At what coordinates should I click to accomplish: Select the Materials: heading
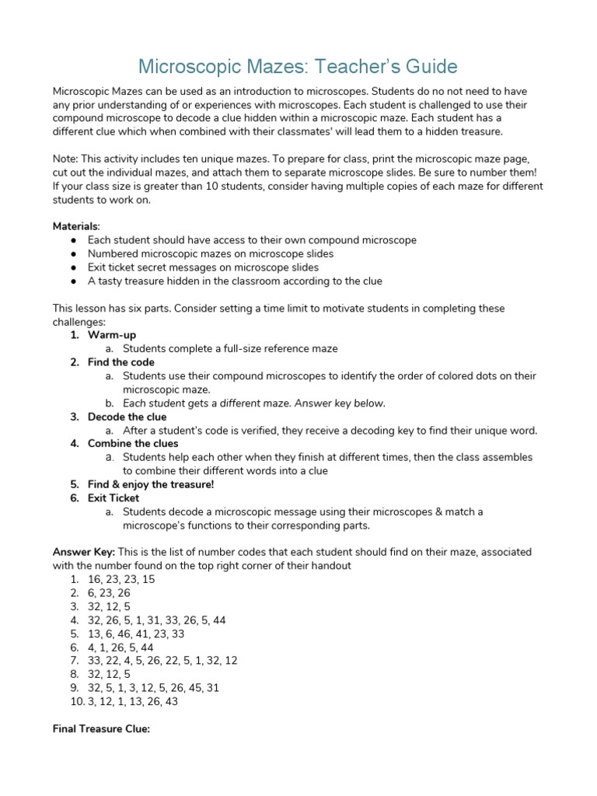(x=76, y=225)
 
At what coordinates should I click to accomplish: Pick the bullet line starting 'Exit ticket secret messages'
(x=203, y=267)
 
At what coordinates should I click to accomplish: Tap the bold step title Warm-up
(x=112, y=335)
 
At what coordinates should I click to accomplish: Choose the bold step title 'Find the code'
(x=121, y=362)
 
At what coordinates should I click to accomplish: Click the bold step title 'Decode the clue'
(x=127, y=417)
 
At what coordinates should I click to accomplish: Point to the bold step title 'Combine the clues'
(x=131, y=444)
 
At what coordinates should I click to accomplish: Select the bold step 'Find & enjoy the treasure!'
(x=151, y=484)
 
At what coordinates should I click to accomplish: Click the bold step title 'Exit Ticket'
(x=113, y=497)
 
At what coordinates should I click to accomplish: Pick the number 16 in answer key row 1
(x=95, y=579)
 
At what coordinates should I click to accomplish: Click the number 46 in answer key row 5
(x=131, y=634)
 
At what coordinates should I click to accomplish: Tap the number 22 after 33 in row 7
(x=113, y=661)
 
